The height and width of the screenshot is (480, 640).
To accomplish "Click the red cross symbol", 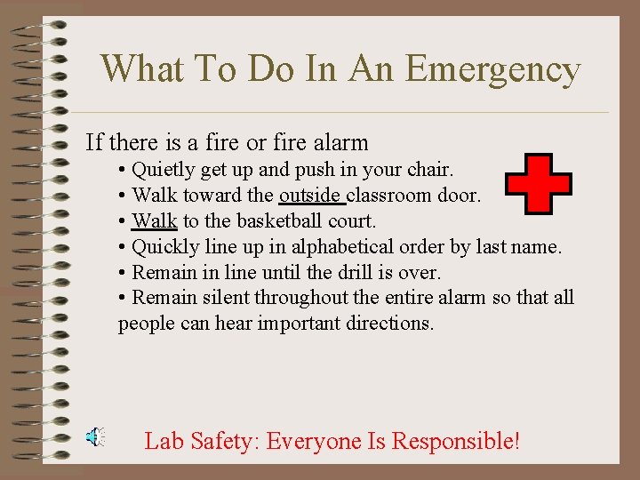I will pos(538,184).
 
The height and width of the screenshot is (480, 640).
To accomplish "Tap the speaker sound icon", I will pos(94,436).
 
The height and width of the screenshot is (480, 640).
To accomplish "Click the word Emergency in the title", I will pos(504,68).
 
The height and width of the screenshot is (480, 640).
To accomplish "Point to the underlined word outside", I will pos(310,196).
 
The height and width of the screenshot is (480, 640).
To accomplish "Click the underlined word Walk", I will pos(155,220).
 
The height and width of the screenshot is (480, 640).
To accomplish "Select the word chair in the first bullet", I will pos(429,170).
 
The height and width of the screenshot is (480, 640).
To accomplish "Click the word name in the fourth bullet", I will pos(535,246).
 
